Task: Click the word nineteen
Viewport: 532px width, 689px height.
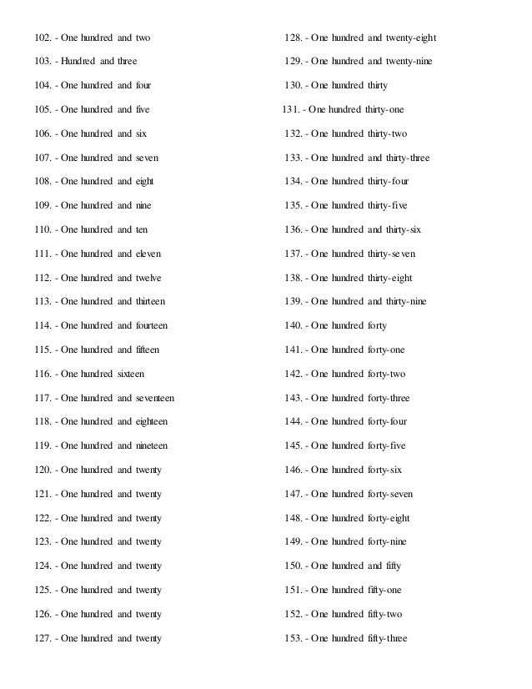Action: coord(152,446)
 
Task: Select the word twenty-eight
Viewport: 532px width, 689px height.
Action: coord(410,38)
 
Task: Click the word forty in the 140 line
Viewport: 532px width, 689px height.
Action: coord(376,325)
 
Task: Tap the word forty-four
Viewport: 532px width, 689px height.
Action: coord(388,422)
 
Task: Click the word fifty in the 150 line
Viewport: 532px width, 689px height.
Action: coord(392,566)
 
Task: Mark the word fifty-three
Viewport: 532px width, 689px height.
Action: coord(388,639)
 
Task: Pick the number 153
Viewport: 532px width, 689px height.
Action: coord(294,639)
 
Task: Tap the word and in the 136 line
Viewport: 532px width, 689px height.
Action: coord(375,229)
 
